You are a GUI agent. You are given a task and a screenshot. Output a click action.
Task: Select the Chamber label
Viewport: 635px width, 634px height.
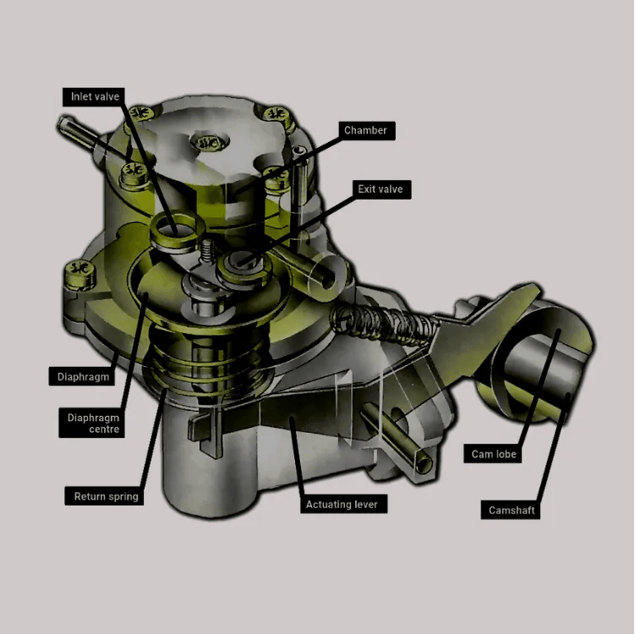pyautogui.click(x=365, y=130)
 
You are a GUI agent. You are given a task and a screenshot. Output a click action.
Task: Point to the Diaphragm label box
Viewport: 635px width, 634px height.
pyautogui.click(x=83, y=376)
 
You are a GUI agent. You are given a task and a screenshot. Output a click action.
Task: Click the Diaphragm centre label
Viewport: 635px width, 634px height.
pyautogui.click(x=93, y=424)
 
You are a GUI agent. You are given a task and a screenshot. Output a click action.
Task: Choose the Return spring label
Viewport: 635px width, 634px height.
pyautogui.click(x=106, y=496)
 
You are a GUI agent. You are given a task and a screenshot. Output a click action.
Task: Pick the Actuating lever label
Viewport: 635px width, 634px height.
pyautogui.click(x=345, y=505)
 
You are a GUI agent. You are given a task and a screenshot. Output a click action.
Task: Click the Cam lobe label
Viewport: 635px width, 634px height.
pyautogui.click(x=494, y=454)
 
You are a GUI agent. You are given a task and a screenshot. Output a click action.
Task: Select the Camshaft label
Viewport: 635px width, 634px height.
pyautogui.click(x=512, y=510)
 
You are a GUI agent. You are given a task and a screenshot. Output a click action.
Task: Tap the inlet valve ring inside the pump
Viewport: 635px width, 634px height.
pyautogui.click(x=174, y=225)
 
